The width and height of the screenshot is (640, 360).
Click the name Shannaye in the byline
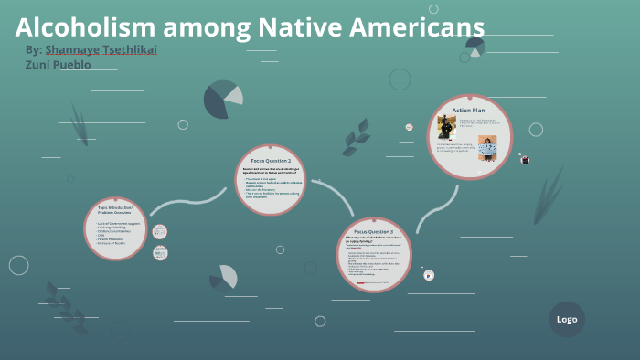coord(72,49)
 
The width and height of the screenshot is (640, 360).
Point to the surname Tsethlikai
coord(130,49)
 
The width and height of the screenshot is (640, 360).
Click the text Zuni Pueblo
coord(58,65)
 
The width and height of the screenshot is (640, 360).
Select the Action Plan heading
coord(469,110)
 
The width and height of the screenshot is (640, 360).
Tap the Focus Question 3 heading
coord(373,231)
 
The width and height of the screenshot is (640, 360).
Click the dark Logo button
coord(567,319)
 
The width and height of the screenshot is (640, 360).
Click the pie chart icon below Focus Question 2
coord(224,277)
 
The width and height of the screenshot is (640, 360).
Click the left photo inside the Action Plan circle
coord(449,129)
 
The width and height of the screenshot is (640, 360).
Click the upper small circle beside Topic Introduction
coord(160,232)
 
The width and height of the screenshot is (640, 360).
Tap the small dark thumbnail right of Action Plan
coord(525,160)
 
